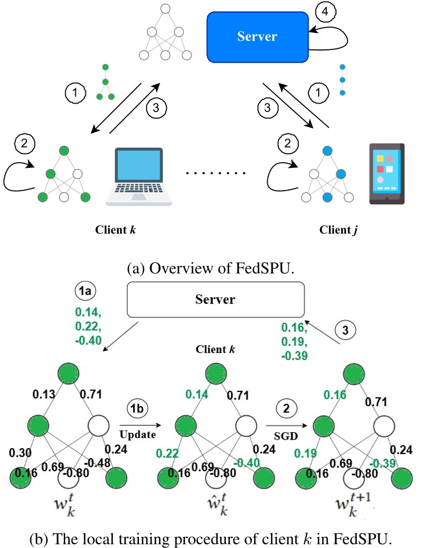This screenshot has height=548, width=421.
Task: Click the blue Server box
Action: (257, 37)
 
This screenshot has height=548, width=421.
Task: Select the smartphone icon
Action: (387, 174)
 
